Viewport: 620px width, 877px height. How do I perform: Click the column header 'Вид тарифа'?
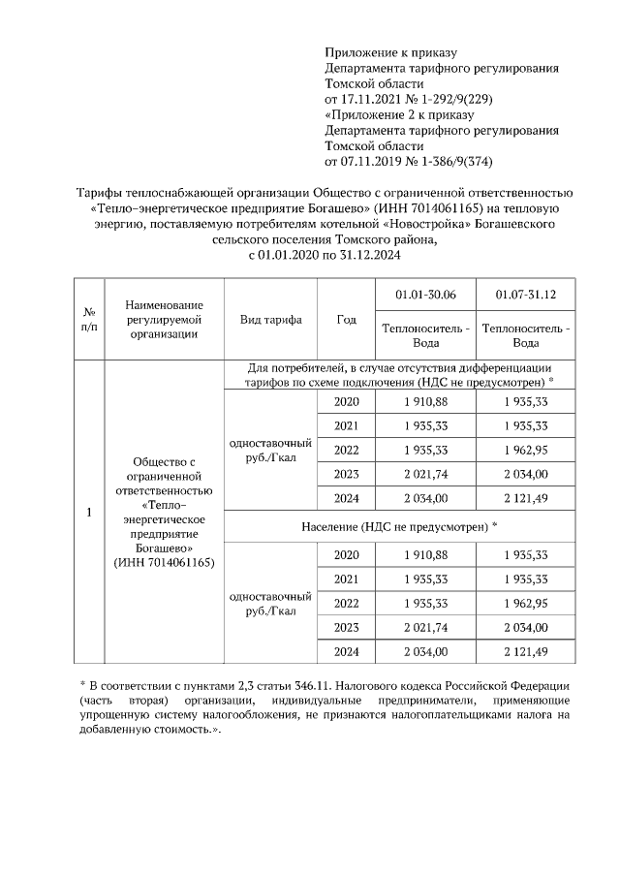(271, 320)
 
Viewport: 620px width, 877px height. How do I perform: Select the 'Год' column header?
(346, 320)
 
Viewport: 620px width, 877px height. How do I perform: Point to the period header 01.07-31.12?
(526, 295)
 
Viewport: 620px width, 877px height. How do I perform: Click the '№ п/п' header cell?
(89, 320)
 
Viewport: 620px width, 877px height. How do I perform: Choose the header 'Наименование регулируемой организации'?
(163, 320)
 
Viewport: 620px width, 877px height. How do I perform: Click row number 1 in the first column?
(89, 513)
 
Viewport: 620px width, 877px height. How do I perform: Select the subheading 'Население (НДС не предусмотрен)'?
(398, 525)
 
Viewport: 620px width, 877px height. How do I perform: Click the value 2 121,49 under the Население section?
(526, 649)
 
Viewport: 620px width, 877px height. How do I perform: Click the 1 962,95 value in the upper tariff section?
(526, 450)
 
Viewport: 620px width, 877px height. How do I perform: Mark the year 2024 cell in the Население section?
(346, 649)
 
